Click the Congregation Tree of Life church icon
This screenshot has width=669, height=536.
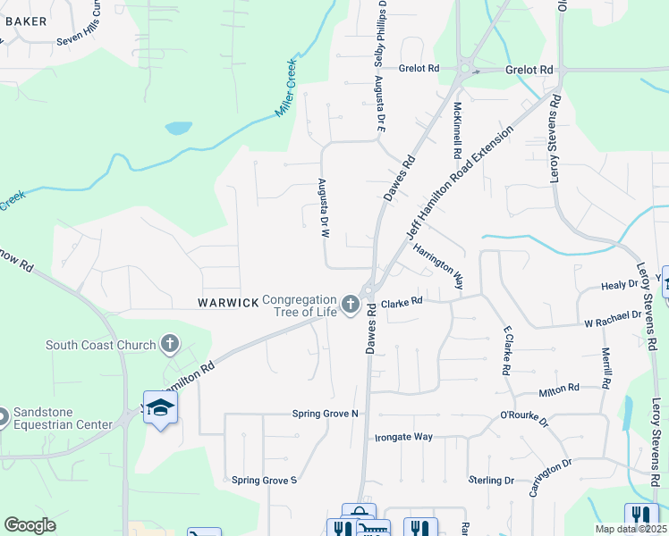tap(351, 305)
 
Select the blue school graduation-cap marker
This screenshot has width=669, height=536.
tap(160, 407)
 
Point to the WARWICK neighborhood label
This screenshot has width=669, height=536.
tap(228, 304)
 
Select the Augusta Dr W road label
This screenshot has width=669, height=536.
tap(325, 208)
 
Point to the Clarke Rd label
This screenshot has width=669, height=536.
tap(401, 304)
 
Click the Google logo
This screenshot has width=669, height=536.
tap(30, 525)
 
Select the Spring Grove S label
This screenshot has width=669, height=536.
tap(264, 480)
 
